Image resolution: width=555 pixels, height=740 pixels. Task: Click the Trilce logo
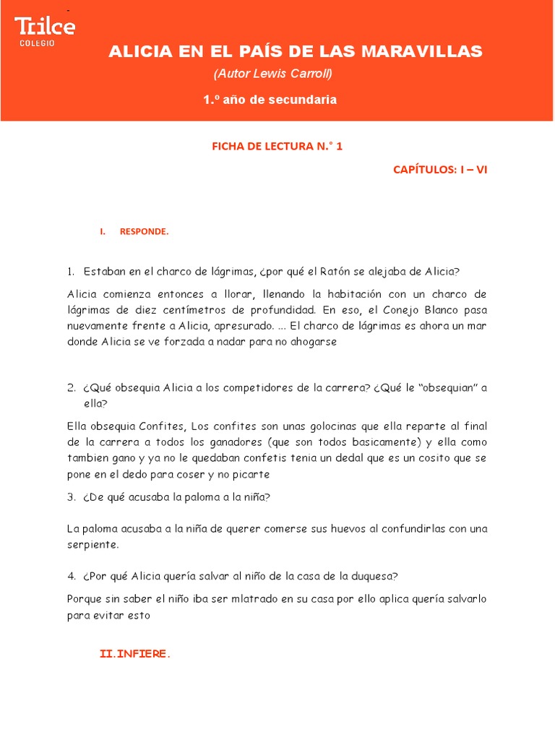point(45,27)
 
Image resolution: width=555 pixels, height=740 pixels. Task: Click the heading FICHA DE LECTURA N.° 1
point(277,146)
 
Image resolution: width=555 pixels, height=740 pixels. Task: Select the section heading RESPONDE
point(144,231)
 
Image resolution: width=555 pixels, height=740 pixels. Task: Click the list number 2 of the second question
point(71,387)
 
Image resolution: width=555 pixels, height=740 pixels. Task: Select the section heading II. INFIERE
point(134,654)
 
